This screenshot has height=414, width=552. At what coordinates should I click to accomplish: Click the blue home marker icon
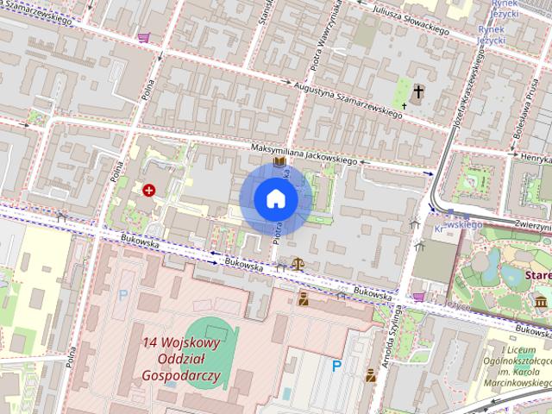[275, 199]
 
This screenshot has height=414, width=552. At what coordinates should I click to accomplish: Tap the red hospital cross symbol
[149, 189]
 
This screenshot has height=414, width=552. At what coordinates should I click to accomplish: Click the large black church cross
[419, 91]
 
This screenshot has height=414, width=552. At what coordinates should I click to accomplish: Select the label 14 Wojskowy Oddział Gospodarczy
[182, 359]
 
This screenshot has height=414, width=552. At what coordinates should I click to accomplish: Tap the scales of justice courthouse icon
[298, 265]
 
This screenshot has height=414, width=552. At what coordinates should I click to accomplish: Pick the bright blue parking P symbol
[337, 366]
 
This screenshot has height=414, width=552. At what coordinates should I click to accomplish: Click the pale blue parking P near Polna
[122, 295]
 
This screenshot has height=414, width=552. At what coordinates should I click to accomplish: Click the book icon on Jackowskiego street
[279, 161]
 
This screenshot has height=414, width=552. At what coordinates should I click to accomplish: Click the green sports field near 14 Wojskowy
[210, 359]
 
